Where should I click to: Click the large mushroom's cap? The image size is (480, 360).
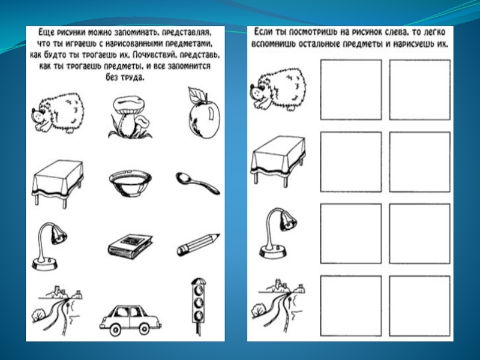128,104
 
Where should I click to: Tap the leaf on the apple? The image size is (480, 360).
194,94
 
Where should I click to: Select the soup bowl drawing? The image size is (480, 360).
130,183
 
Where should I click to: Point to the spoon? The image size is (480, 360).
197,182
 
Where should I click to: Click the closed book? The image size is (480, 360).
130,244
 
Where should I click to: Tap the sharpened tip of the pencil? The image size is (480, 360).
217,236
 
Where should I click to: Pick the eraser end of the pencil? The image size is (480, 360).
181,251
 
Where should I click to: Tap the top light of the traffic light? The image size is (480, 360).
198,289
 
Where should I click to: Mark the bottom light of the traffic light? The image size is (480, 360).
199,314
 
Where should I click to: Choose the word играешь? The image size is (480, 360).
78,44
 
